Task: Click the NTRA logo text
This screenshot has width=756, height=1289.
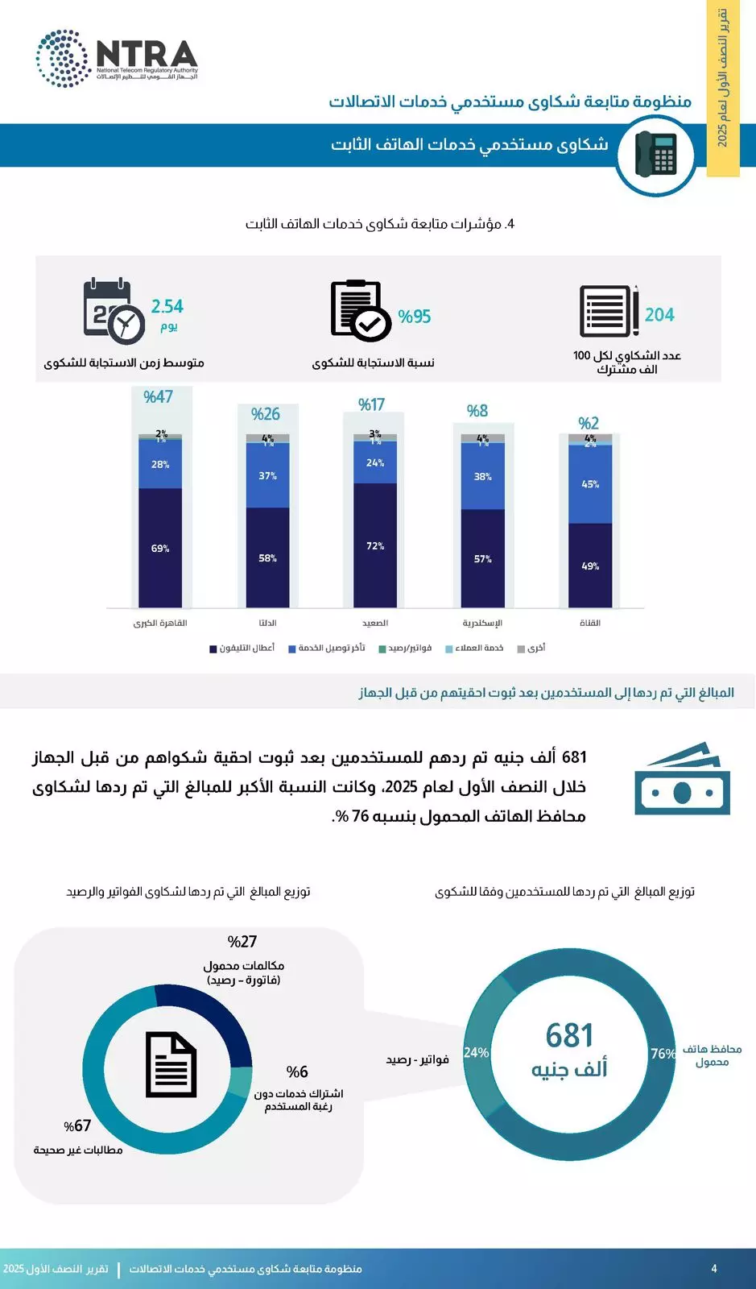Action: coord(147,54)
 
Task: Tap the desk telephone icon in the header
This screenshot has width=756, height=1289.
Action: coord(655,154)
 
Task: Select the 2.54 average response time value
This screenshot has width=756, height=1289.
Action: coord(167,307)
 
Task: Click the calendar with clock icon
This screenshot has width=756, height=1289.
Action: coord(114,311)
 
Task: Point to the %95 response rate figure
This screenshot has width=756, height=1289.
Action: coord(415,317)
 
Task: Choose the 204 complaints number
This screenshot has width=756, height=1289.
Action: coord(659,315)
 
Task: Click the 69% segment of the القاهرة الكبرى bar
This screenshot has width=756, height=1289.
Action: coord(160,549)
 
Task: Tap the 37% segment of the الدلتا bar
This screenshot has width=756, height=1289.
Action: coord(267,476)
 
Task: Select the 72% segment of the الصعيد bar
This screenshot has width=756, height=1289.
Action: coord(375,546)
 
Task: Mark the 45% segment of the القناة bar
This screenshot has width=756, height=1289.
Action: coord(590,484)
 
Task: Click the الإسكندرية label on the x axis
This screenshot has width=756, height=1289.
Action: coord(482,623)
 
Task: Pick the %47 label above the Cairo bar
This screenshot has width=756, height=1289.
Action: coord(158,396)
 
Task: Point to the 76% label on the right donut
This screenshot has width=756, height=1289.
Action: coord(663,1054)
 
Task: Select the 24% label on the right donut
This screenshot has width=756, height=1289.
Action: coord(477,1053)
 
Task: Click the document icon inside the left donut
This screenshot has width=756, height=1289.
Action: coord(171,1065)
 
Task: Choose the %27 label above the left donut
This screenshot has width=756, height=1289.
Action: coord(242,942)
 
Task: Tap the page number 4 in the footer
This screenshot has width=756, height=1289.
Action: coord(713,1269)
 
